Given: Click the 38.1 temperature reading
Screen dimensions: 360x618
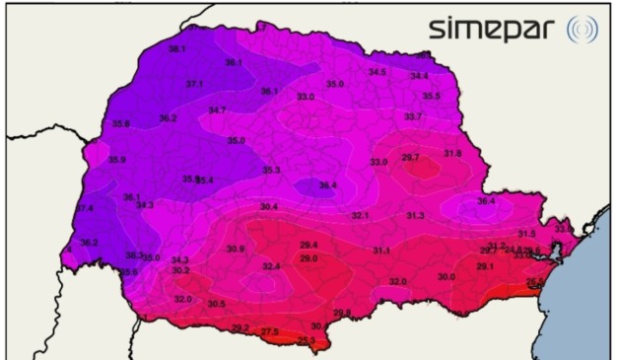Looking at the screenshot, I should pos(177,48).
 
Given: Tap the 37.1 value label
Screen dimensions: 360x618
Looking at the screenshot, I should pos(194,84).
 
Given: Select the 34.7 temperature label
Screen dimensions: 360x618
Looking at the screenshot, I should pos(217,109).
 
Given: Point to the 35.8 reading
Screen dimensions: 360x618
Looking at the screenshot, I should pos(121,123).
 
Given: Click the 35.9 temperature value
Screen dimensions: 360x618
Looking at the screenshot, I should pos(116,160).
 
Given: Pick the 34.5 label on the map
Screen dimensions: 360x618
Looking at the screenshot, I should pos(378,72).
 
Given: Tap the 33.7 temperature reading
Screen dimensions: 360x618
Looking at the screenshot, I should pos(413,116).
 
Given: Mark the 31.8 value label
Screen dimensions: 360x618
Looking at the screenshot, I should pos(452,153).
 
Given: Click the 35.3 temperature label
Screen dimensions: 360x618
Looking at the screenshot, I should pos(271,171).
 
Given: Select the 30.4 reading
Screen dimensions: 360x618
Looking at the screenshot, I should pos(269,207).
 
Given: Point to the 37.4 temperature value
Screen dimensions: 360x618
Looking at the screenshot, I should pos(85,208).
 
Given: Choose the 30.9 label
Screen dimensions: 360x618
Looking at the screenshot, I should pos(236,249).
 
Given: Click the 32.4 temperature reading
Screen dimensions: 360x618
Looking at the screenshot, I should pos(271,266).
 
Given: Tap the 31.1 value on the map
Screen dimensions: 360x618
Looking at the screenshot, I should pos(381,252).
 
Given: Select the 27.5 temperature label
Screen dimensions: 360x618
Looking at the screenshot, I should pos(269,331).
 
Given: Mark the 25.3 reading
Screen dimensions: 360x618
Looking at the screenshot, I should pos(307,341).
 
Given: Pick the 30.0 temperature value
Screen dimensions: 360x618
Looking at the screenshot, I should pos(446,277).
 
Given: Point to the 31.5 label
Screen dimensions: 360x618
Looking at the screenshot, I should pos(527,234).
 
